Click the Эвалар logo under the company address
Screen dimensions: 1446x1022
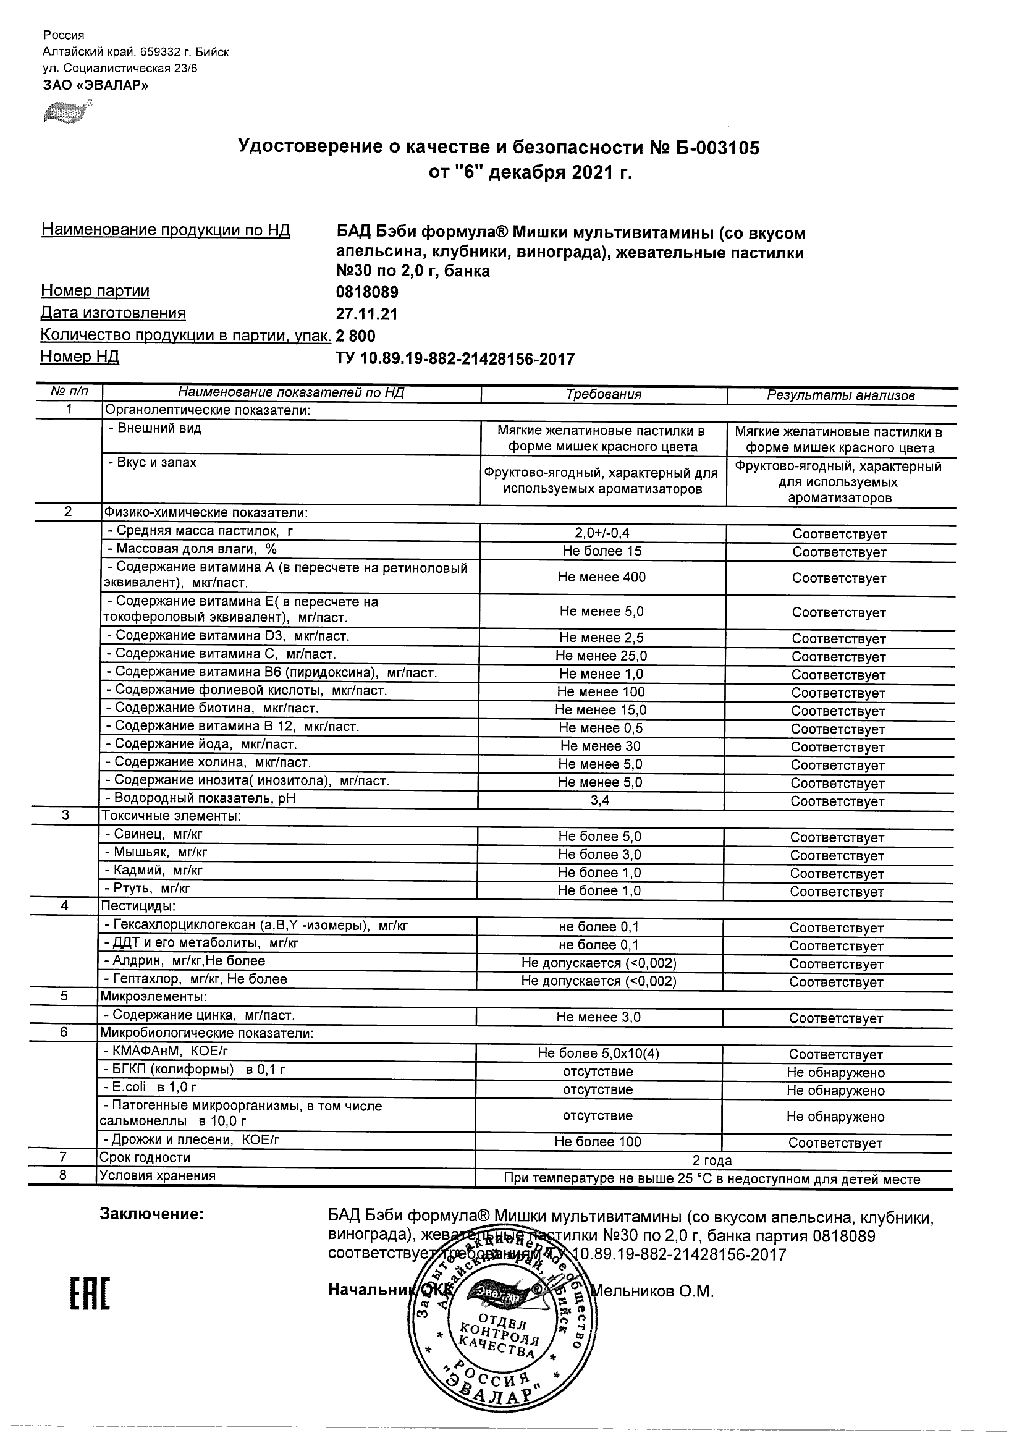pos(67,112)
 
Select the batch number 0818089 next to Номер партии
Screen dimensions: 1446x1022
pos(367,292)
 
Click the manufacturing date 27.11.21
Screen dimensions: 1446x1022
pos(367,315)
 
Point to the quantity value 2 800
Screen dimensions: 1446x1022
pos(356,336)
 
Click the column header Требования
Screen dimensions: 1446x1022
pos(603,395)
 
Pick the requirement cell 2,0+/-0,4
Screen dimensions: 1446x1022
pos(602,533)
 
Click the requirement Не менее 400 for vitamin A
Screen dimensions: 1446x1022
pos(601,577)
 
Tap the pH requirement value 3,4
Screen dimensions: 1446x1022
pos(600,800)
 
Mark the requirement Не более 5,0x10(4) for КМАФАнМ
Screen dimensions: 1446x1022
pos(598,1053)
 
